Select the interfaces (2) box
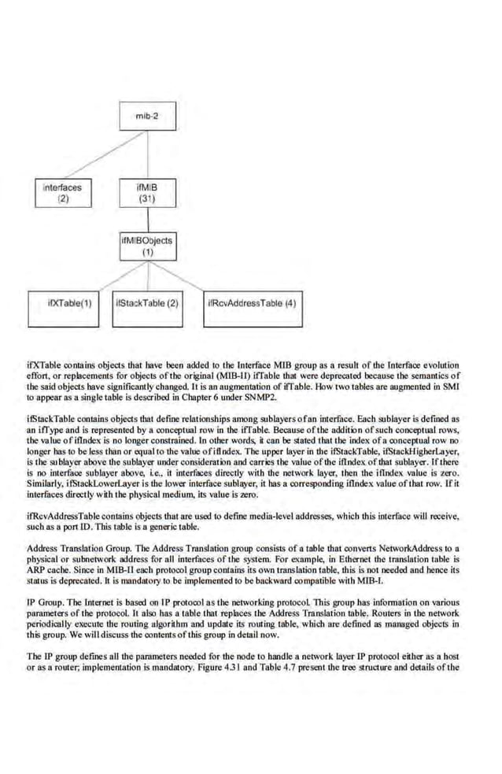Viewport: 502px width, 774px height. pyautogui.click(x=62, y=193)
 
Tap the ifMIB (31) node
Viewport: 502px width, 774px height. pyautogui.click(x=147, y=193)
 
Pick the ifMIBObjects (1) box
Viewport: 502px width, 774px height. pyautogui.click(x=147, y=246)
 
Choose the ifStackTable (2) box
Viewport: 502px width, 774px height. pyautogui.click(x=147, y=302)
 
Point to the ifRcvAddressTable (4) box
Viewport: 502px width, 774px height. pyautogui.click(x=251, y=302)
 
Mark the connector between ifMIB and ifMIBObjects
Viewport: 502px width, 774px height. pyautogui.click(x=147, y=220)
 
